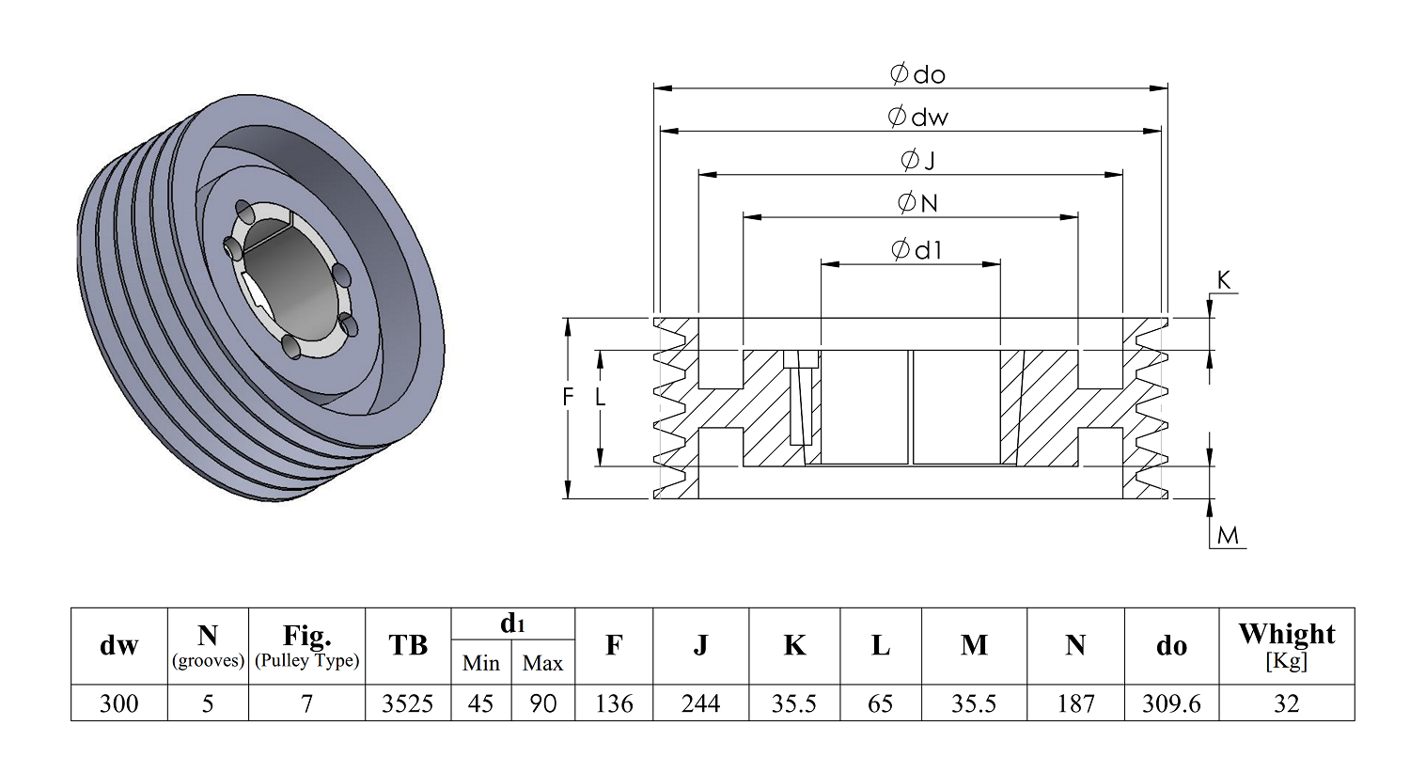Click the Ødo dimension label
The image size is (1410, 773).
point(917,74)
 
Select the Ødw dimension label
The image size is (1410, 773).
point(917,117)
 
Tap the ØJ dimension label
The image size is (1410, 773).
point(917,160)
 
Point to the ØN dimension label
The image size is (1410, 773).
point(917,202)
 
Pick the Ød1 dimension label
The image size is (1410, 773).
point(916,249)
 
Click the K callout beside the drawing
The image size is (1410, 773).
point(1223,280)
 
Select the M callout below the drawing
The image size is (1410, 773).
point(1228,536)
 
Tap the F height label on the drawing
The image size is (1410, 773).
point(568,398)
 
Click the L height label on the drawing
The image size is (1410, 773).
point(601,398)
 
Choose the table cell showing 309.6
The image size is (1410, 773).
point(1171,703)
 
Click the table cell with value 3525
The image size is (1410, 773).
point(408,703)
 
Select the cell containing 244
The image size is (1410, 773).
point(700,703)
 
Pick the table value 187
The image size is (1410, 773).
point(1075,703)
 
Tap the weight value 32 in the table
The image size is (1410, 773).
point(1286,703)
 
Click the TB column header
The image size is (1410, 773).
point(408,645)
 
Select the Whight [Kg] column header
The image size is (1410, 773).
point(1286,645)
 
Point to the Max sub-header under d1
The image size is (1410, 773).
point(542,663)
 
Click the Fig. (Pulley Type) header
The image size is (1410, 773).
point(306,645)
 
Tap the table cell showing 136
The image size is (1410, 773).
point(614,703)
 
